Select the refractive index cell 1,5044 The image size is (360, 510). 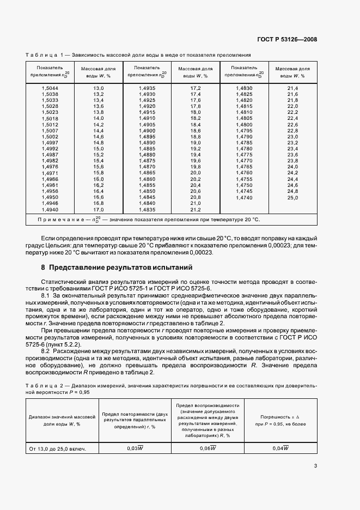[50, 88]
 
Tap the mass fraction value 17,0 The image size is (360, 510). [98, 209]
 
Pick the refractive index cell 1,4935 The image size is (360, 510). [147, 88]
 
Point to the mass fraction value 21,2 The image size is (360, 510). [196, 209]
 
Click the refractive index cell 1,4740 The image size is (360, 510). [244, 198]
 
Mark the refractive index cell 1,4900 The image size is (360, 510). [147, 131]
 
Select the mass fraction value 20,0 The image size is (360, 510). [196, 173]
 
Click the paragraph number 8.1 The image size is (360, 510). [47, 295]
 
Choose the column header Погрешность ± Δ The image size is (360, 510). [280, 417]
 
